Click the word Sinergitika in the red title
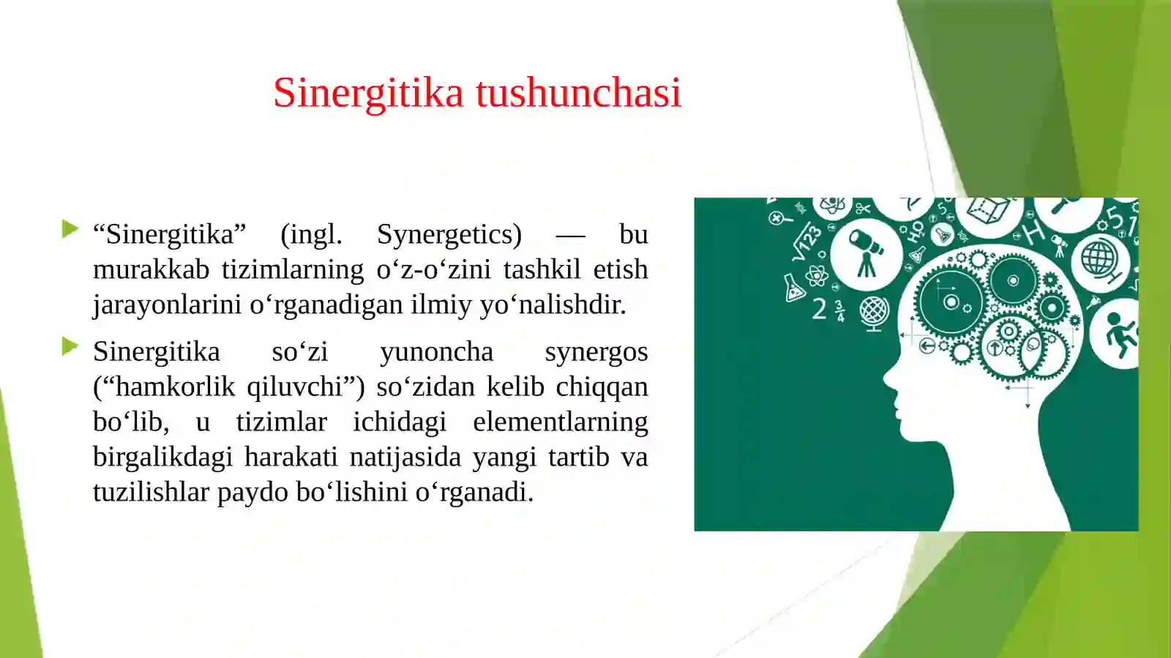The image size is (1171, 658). (x=368, y=93)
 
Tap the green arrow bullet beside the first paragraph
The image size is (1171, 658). (x=70, y=229)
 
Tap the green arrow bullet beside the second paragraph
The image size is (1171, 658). (x=70, y=346)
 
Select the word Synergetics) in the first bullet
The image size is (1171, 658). (x=449, y=235)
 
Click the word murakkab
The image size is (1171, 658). (x=151, y=270)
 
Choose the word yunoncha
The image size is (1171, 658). (x=436, y=352)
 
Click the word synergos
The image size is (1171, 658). (x=596, y=352)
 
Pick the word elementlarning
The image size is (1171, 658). (x=560, y=422)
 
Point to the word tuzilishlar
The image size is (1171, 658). (x=151, y=493)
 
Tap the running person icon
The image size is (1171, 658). (x=1118, y=334)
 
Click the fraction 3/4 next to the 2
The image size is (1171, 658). (x=839, y=310)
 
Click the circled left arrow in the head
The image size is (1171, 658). (x=927, y=345)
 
